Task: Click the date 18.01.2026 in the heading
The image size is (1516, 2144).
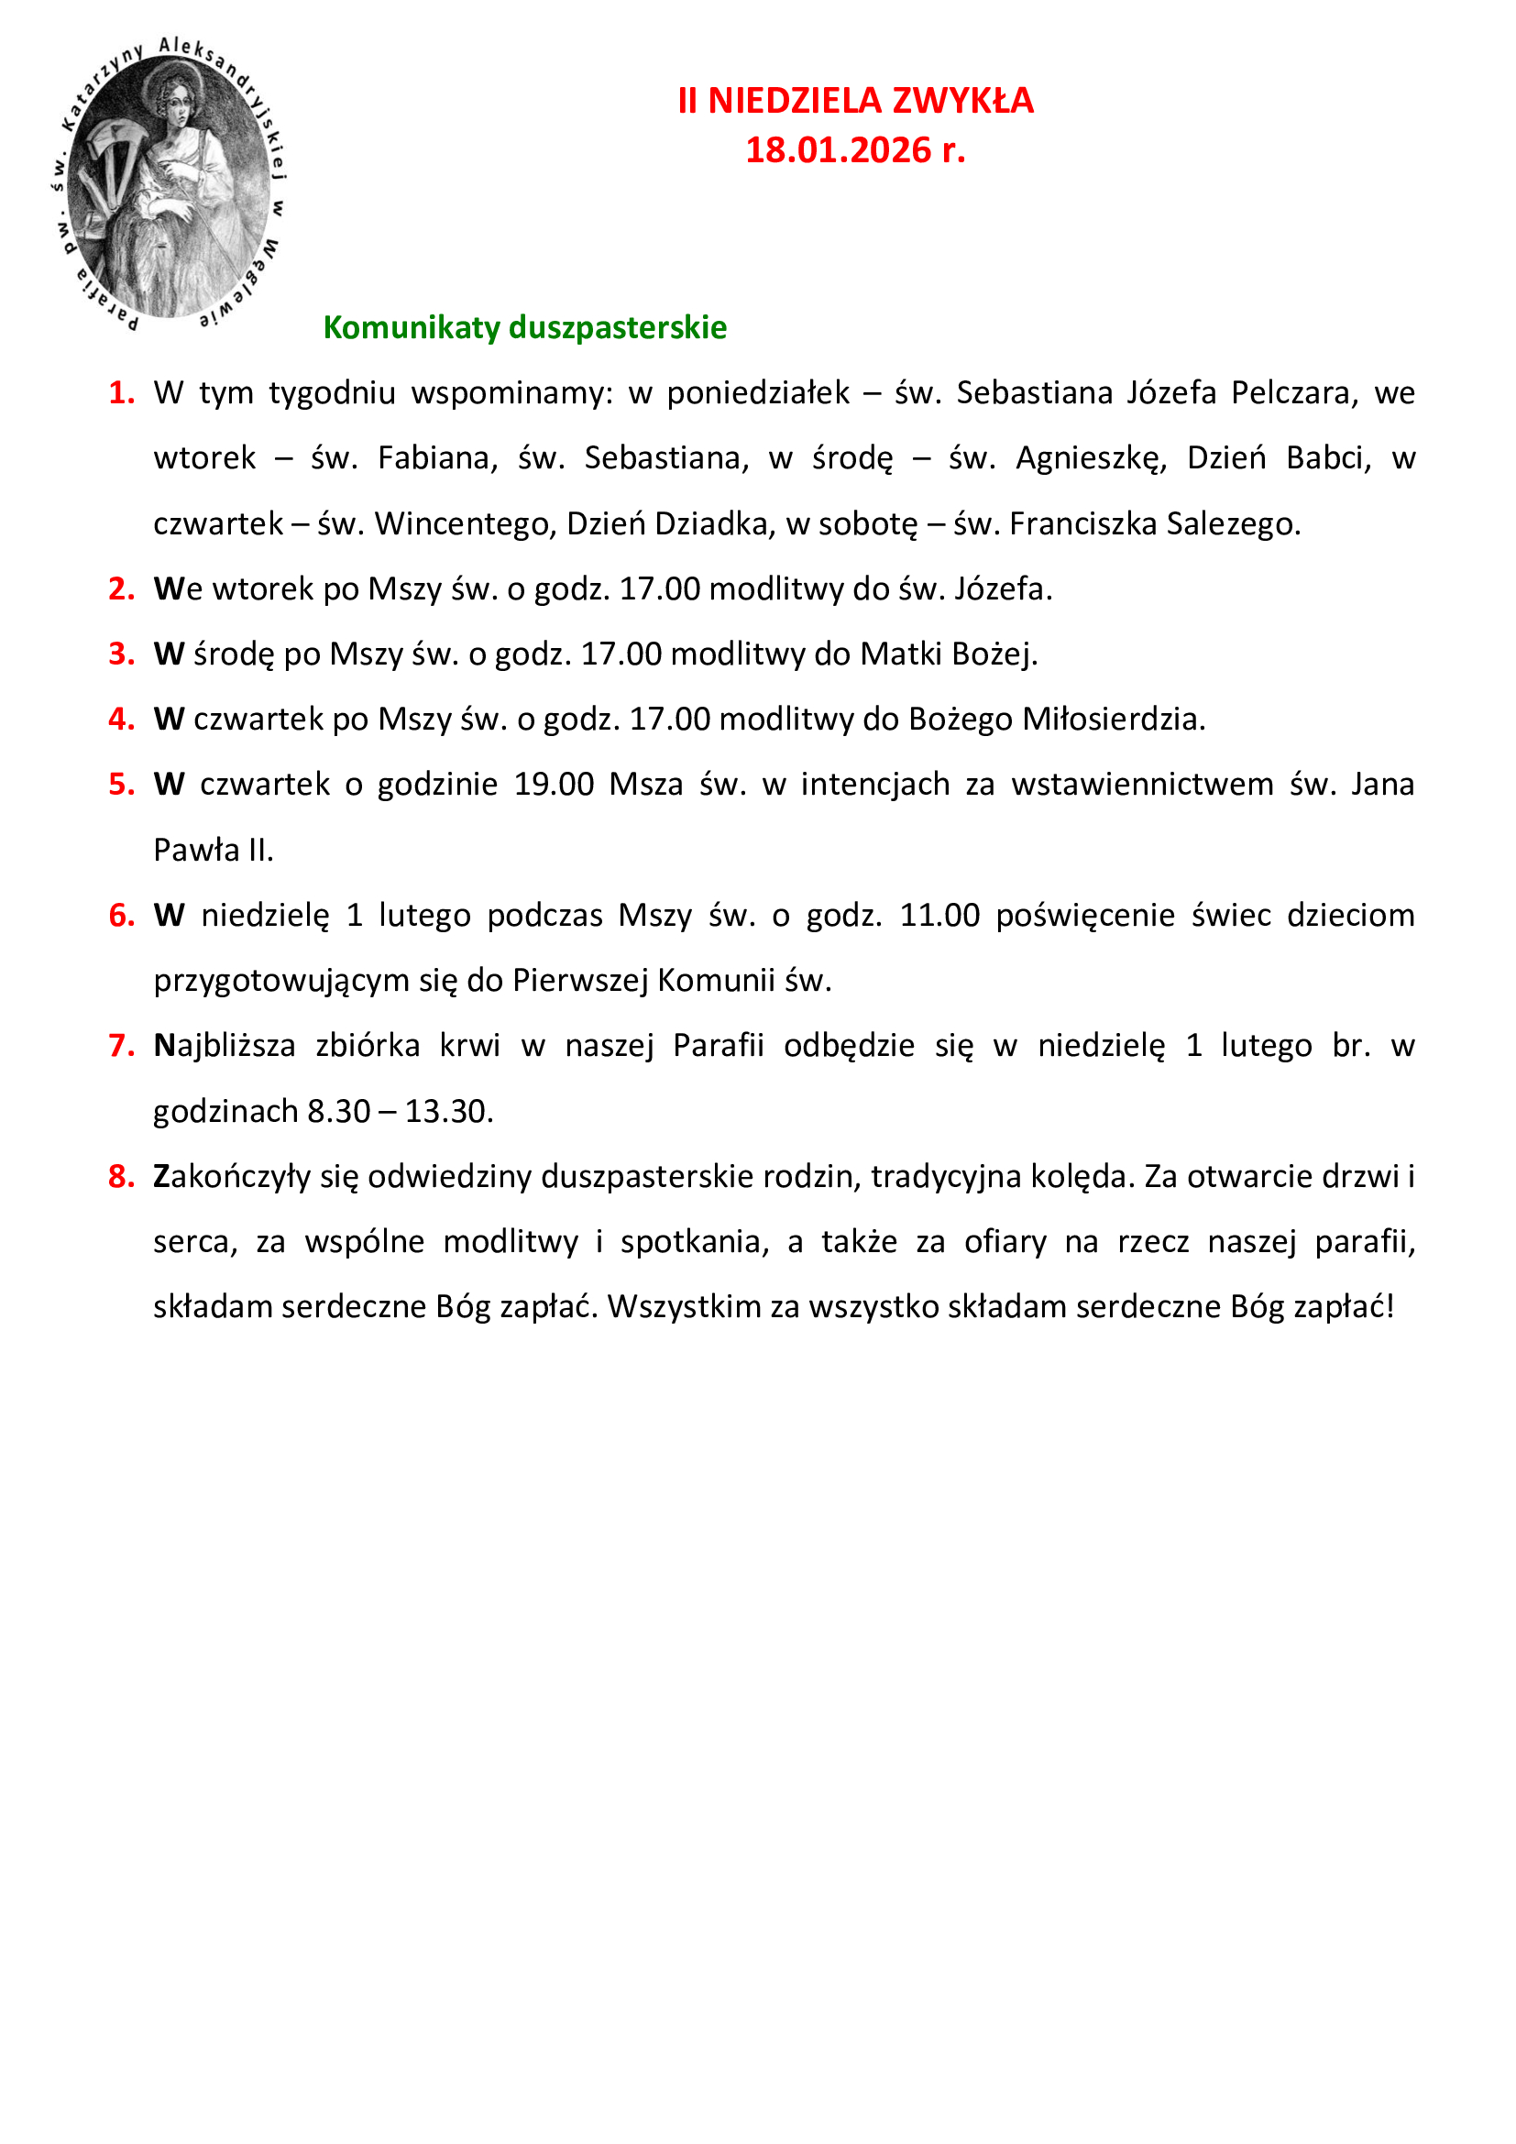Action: click(x=839, y=150)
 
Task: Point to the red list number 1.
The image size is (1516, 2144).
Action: click(x=121, y=393)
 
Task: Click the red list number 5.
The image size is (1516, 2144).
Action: click(x=121, y=785)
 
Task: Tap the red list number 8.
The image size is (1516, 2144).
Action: click(x=121, y=1177)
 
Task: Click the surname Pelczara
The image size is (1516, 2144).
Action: click(x=1291, y=393)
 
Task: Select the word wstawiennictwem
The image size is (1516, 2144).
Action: click(x=1142, y=785)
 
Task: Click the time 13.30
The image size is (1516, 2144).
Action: click(x=448, y=1111)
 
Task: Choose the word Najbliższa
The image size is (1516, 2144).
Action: click(x=224, y=1046)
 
